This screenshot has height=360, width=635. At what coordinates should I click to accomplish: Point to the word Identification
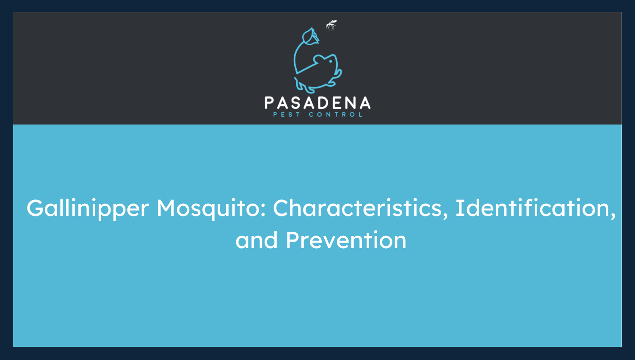[x=532, y=208]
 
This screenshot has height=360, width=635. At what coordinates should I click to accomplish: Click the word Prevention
[x=346, y=241]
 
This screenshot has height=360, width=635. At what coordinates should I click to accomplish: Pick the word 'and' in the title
[x=257, y=241]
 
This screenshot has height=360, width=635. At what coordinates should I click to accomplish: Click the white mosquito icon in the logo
[x=331, y=25]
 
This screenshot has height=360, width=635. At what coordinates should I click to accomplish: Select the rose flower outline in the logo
[x=309, y=36]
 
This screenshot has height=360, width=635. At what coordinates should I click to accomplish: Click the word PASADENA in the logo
[x=317, y=103]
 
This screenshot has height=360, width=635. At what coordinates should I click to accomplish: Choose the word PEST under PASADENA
[x=287, y=114]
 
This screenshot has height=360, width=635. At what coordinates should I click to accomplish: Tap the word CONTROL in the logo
[x=335, y=114]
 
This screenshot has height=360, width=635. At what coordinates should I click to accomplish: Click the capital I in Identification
[x=458, y=208]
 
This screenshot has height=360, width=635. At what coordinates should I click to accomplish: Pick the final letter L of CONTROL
[x=360, y=114]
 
